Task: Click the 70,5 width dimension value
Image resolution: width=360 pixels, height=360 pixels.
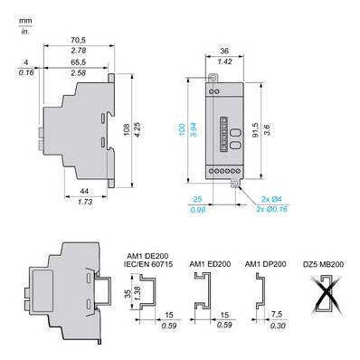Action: click(79, 40)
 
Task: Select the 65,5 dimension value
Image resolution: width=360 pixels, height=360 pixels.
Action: click(79, 62)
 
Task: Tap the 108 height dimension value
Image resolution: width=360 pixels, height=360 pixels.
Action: click(127, 129)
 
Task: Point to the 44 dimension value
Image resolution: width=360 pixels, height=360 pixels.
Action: click(84, 191)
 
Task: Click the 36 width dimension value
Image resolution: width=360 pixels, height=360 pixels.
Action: click(224, 51)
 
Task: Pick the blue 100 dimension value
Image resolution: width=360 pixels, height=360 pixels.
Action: click(182, 129)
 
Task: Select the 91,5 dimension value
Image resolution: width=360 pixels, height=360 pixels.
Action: click(255, 129)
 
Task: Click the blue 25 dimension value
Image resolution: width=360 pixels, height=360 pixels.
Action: click(197, 199)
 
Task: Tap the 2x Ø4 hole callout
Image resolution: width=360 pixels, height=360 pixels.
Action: click(271, 199)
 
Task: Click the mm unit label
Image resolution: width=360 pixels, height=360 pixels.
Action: click(25, 21)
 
